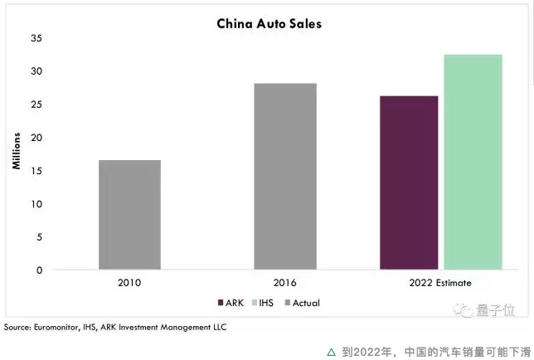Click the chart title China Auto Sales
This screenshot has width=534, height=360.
(x=269, y=24)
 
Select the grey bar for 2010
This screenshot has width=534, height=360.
(x=129, y=215)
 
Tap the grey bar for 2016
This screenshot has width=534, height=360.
(x=285, y=177)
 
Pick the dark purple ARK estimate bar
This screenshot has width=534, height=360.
(x=409, y=182)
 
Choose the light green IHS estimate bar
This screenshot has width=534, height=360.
(x=473, y=162)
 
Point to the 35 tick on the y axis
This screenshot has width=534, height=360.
(x=36, y=38)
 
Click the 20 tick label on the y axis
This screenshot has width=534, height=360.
(x=36, y=138)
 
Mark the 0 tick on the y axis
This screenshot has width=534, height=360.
(x=40, y=270)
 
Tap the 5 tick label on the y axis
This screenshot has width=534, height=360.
(x=40, y=237)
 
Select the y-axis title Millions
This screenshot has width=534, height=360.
(x=16, y=151)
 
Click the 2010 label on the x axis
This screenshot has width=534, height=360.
(x=129, y=283)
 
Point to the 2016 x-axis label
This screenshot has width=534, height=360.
(x=284, y=283)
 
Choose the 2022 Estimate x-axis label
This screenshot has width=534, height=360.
(x=440, y=283)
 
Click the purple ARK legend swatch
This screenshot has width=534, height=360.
(x=221, y=303)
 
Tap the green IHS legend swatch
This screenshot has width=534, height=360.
(x=255, y=303)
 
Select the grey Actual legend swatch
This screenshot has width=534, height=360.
(x=288, y=303)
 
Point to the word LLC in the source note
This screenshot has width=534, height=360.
(x=220, y=327)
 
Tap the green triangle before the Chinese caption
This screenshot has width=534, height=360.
(x=332, y=353)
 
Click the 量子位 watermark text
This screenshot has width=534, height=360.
(x=496, y=310)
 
